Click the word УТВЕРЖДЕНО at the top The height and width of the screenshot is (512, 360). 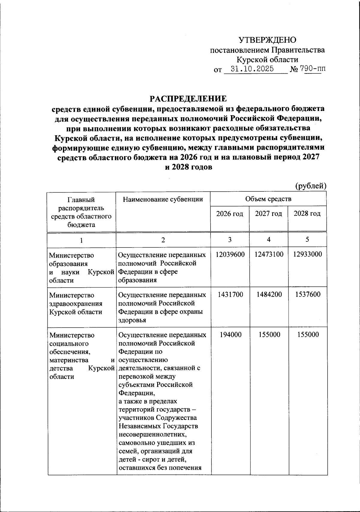pos(267,40)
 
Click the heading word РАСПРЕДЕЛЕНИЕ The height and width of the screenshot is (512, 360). pos(188,98)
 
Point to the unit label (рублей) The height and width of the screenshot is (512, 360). pos(311,186)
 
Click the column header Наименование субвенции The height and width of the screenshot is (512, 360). pos(163,199)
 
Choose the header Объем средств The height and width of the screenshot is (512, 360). pos(268,199)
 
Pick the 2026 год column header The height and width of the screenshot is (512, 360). pos(229,214)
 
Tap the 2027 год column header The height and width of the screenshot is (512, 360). pos(268,214)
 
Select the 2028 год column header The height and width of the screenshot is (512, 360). pos(307,214)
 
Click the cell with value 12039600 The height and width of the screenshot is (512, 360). pos(230,254)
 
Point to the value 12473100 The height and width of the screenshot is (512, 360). pos(269,254)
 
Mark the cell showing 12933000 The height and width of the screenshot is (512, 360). pos(307,254)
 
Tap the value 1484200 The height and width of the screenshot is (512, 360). pos(269,295)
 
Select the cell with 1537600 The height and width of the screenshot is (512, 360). pos(308,295)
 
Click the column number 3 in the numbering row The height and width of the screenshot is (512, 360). pos(229,240)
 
